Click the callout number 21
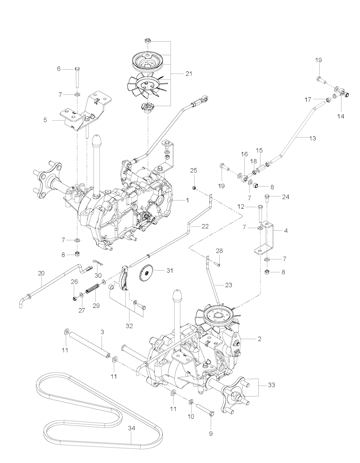189,74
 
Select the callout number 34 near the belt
131,429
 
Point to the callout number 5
45,120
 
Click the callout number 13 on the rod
312,138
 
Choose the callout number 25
194,171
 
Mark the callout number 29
96,306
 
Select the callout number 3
102,332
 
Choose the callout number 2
259,339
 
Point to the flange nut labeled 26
75,299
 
